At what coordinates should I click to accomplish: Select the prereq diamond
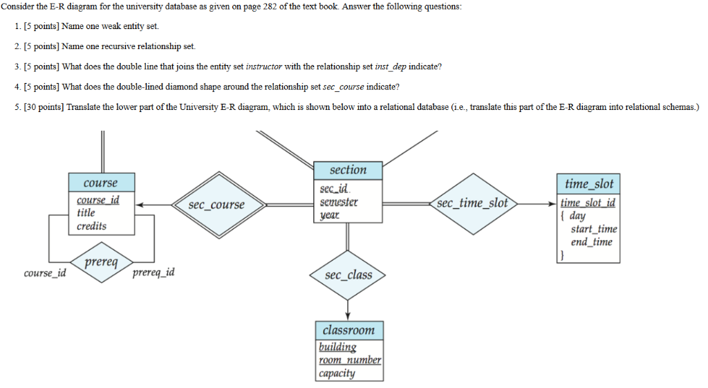pyautogui.click(x=102, y=263)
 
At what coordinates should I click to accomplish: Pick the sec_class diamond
pyautogui.click(x=348, y=275)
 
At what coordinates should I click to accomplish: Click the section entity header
pyautogui.click(x=348, y=170)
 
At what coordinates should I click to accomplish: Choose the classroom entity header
pyautogui.click(x=348, y=330)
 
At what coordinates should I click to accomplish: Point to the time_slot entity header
pyautogui.click(x=588, y=184)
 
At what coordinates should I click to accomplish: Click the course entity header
pyautogui.click(x=101, y=183)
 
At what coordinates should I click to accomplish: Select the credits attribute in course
pyautogui.click(x=92, y=226)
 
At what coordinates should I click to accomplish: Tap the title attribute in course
pyautogui.click(x=86, y=213)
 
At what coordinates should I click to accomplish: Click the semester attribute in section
pyautogui.click(x=339, y=202)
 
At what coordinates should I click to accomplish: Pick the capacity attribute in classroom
pyautogui.click(x=337, y=373)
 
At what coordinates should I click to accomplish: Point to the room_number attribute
pyautogui.click(x=350, y=360)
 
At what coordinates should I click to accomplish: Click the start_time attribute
pyautogui.click(x=593, y=229)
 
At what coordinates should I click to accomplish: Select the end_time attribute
pyautogui.click(x=591, y=242)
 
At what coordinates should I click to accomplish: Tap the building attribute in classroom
pyautogui.click(x=337, y=347)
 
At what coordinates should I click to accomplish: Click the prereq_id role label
pyautogui.click(x=153, y=272)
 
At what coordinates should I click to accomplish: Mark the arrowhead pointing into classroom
pyautogui.click(x=348, y=316)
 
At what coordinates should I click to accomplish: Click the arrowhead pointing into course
pyautogui.click(x=140, y=205)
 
